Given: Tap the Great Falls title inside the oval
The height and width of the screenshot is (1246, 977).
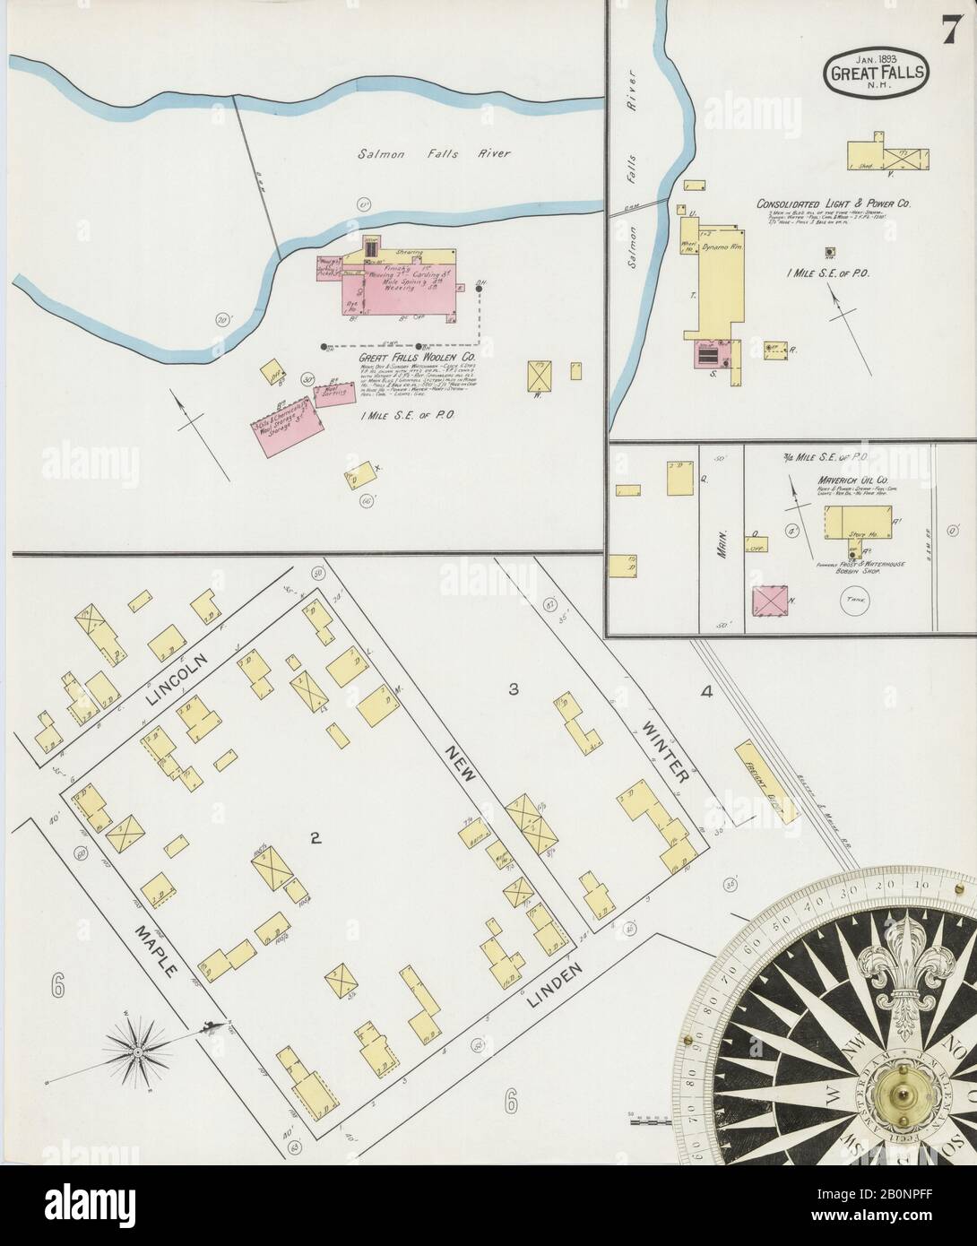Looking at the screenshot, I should (x=878, y=72).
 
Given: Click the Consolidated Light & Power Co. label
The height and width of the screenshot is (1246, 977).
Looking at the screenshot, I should (x=834, y=204).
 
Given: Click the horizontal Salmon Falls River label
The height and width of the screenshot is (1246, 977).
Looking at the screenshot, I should (x=434, y=153).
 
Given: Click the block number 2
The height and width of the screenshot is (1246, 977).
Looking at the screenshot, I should (x=315, y=839).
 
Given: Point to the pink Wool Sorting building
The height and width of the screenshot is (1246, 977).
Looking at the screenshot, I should (x=333, y=394).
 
